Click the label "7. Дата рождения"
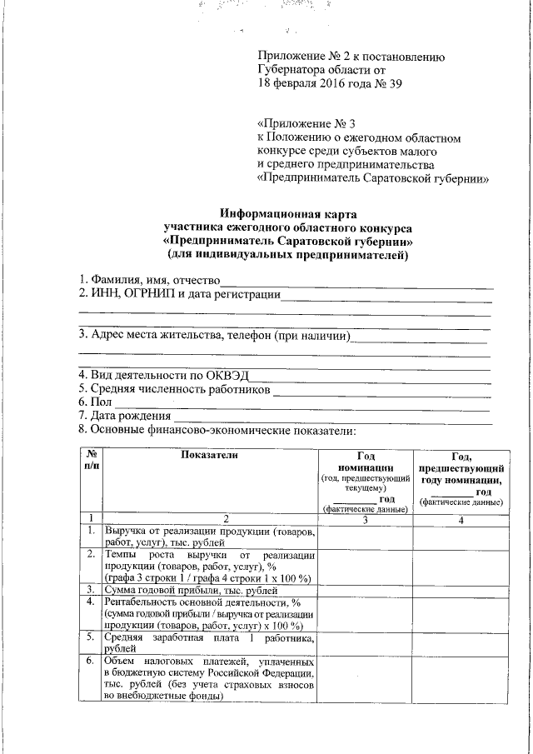pos(124,416)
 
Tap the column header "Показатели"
pos(209,455)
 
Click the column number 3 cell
pos(366,520)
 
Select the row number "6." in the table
pos(91,662)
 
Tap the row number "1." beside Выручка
pos(91,532)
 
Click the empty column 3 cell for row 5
pos(366,644)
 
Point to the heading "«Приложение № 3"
pos(297,124)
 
